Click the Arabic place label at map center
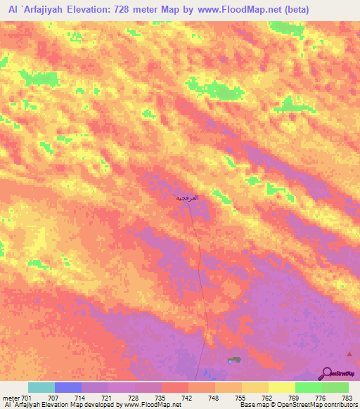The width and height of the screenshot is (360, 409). click(x=187, y=198)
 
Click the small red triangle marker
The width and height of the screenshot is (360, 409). click(x=349, y=353)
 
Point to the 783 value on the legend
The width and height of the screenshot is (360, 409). click(x=349, y=398)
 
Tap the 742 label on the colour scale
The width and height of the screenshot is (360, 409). click(x=188, y=398)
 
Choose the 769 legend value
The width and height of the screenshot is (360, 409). click(x=295, y=398)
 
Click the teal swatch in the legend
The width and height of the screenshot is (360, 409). click(x=41, y=387)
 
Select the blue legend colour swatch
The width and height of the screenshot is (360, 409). click(x=67, y=387)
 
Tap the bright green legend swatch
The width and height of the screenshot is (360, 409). click(x=309, y=387)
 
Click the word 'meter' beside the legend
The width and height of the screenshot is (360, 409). click(x=11, y=398)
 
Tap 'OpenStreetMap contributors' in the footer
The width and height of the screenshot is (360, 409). click(x=327, y=405)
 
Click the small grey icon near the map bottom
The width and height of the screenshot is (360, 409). click(x=233, y=360)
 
